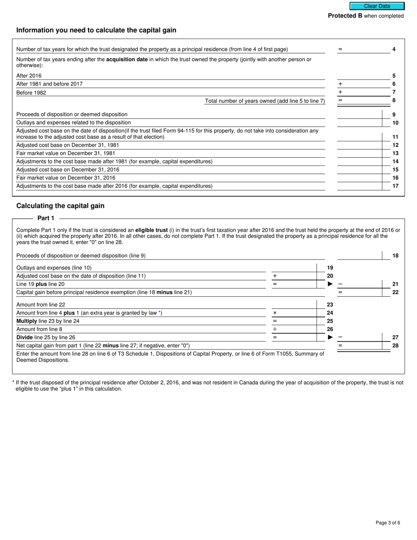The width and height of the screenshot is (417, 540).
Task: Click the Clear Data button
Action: click(377, 6)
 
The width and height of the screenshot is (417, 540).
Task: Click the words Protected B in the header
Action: click(345, 16)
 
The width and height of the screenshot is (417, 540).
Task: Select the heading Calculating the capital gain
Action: click(60, 206)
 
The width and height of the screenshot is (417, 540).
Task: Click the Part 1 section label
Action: click(46, 218)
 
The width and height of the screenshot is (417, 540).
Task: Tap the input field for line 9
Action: click(360, 114)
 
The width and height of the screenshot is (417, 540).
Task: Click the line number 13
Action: click(395, 153)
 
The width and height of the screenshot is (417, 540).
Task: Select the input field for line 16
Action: click(360, 178)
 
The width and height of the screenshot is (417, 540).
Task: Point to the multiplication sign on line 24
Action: click(275, 313)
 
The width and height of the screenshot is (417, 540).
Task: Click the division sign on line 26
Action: click(275, 329)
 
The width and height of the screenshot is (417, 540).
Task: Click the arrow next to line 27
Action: click(330, 337)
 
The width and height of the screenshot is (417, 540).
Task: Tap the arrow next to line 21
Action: click(330, 284)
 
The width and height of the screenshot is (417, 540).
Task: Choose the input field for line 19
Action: click(294, 267)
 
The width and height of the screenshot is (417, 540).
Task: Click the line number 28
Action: click(395, 346)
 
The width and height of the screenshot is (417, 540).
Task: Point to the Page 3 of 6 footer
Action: click(388, 522)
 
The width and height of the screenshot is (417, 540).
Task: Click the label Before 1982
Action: click(31, 93)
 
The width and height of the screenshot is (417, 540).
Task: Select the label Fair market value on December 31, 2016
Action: click(66, 178)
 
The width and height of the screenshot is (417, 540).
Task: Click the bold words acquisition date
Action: click(127, 59)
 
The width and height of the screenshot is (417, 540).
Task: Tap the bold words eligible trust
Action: click(151, 230)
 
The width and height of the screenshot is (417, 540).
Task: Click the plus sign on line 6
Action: click(340, 84)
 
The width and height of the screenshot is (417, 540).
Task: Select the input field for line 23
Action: click(294, 304)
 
